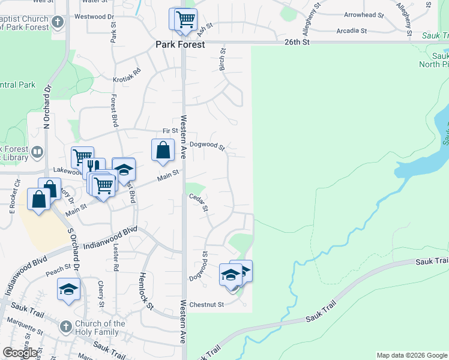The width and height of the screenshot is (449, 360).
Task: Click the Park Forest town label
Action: click(x=180, y=44)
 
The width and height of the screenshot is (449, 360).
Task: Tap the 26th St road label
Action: click(x=297, y=42)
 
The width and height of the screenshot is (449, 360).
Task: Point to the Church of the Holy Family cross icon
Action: click(x=65, y=327)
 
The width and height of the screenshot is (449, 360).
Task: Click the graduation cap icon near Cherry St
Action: click(x=69, y=290)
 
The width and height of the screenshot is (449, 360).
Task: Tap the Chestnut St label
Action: click(x=206, y=304)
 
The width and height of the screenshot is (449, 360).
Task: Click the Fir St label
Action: click(x=170, y=131)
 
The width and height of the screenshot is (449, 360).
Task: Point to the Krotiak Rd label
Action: click(x=127, y=75)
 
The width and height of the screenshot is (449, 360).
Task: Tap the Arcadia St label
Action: click(x=352, y=30)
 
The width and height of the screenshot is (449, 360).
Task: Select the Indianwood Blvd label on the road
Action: click(x=110, y=238)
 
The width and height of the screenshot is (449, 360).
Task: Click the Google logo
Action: click(x=20, y=353)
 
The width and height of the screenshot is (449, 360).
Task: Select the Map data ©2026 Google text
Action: click(x=411, y=355)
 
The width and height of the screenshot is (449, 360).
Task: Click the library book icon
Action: click(x=37, y=152)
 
